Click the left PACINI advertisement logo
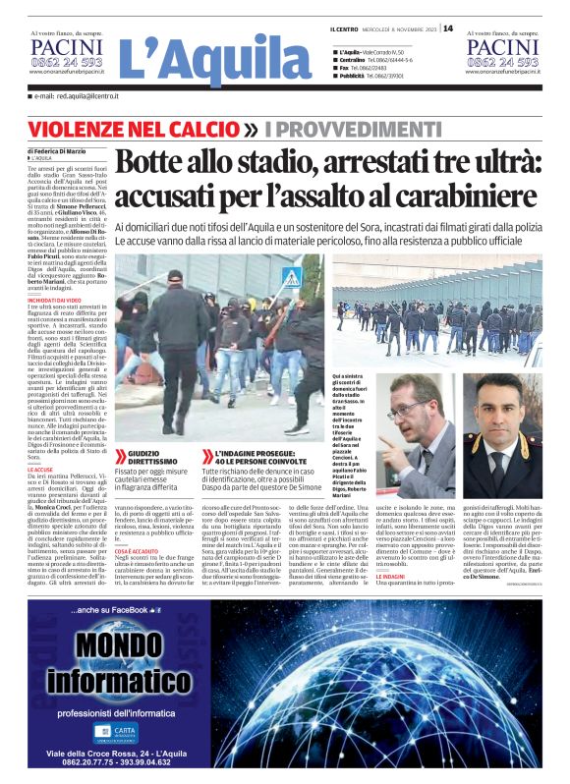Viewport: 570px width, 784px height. click(x=66, y=48)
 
